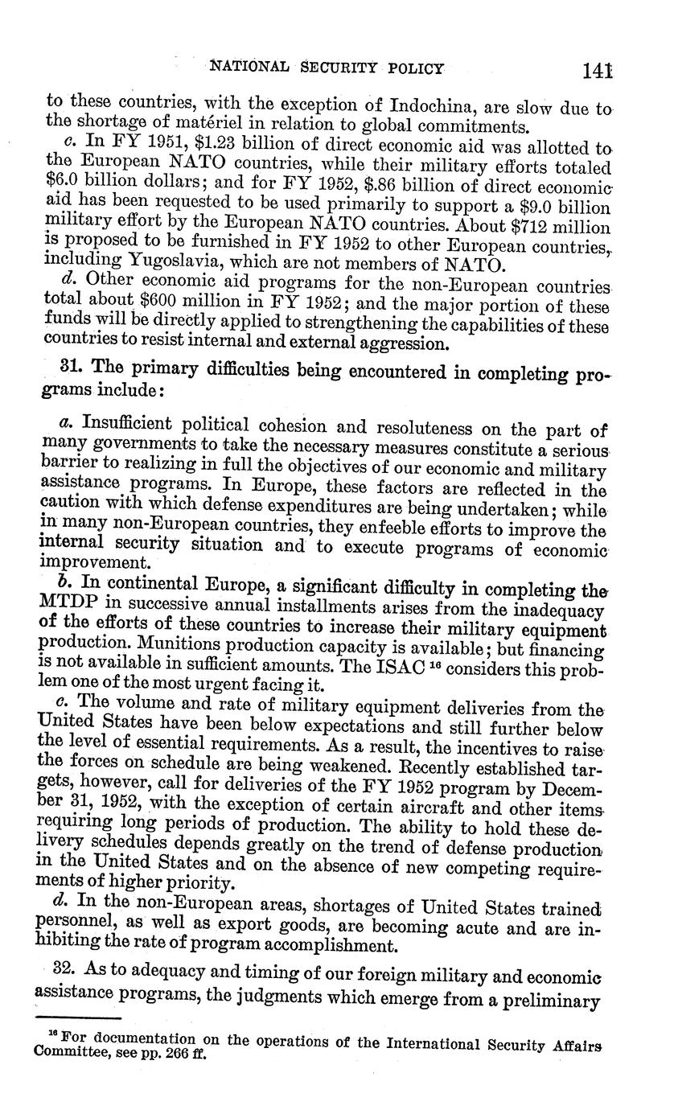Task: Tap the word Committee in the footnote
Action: click(71, 1053)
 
